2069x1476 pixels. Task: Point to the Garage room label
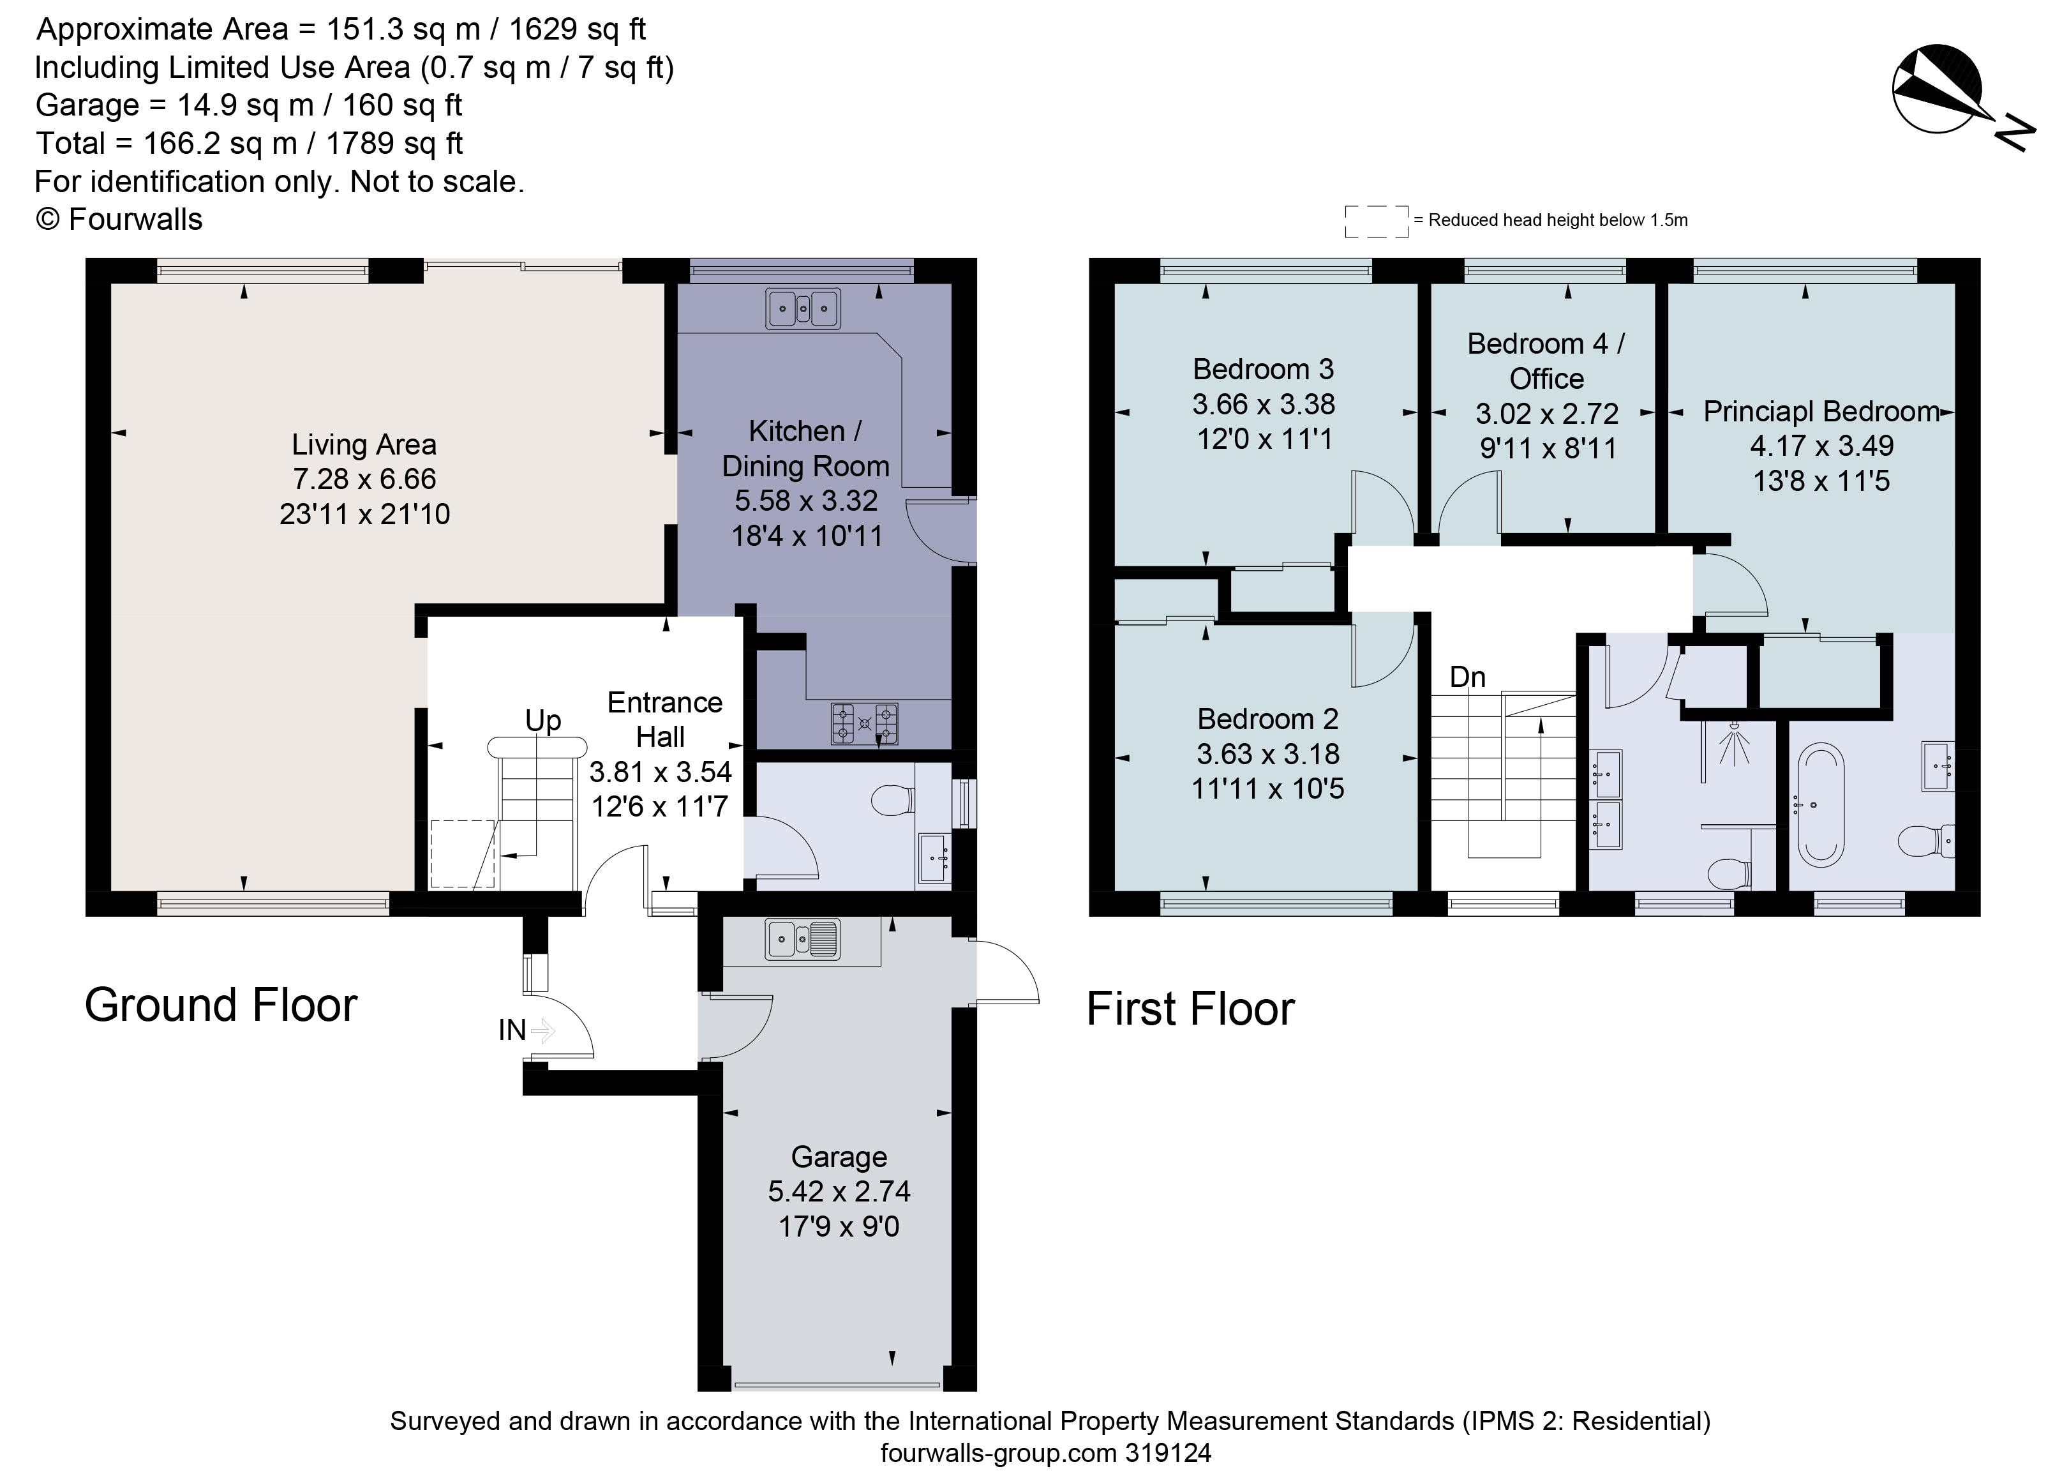pyautogui.click(x=839, y=1157)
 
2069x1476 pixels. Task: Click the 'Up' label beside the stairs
pyautogui.click(x=542, y=721)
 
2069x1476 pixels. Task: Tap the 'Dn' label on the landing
pyautogui.click(x=1467, y=677)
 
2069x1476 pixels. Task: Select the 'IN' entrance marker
pyautogui.click(x=512, y=1030)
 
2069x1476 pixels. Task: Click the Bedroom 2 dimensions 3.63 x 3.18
pyautogui.click(x=1267, y=753)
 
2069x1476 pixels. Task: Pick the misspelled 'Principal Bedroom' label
pyautogui.click(x=1821, y=412)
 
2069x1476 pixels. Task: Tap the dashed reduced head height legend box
pyautogui.click(x=1376, y=221)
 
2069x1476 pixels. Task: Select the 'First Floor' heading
pyautogui.click(x=1190, y=1009)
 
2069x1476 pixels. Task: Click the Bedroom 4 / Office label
pyautogui.click(x=1546, y=361)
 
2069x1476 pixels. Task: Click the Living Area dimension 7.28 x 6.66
pyautogui.click(x=364, y=479)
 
